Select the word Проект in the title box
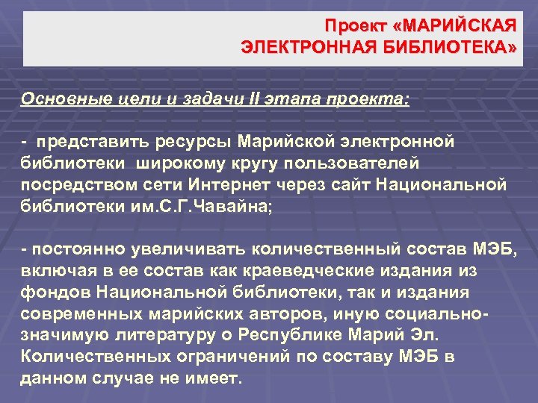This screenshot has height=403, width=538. (353, 27)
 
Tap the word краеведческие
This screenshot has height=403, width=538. (286, 269)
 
